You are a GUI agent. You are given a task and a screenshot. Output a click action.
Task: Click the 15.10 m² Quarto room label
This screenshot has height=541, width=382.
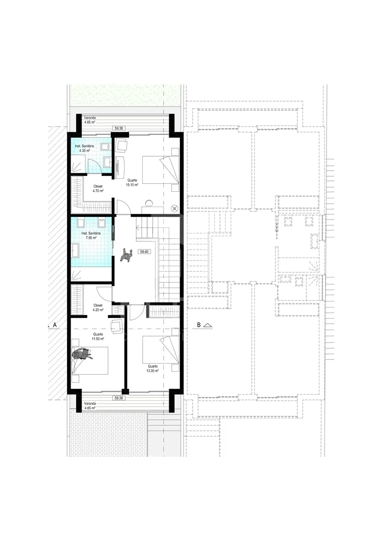click(x=132, y=182)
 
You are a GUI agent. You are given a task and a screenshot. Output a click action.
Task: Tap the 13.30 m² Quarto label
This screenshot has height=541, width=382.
click(x=153, y=369)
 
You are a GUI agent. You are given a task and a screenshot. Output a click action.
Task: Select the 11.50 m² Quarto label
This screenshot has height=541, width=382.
click(x=98, y=337)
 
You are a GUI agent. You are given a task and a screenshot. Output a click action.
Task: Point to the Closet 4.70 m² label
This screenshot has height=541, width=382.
click(x=98, y=188)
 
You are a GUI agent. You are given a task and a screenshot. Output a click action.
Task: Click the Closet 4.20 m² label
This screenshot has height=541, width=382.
click(x=98, y=308)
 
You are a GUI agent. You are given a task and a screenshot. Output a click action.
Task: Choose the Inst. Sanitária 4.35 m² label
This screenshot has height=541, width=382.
click(x=84, y=148)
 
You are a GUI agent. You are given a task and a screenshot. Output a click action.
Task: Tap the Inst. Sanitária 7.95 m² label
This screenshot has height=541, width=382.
click(x=91, y=235)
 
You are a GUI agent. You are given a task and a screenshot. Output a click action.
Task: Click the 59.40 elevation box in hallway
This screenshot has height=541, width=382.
click(x=144, y=251)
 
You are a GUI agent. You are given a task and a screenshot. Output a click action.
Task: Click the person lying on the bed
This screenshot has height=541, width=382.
click(x=82, y=354)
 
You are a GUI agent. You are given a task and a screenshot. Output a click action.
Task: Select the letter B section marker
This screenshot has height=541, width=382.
click(x=199, y=325)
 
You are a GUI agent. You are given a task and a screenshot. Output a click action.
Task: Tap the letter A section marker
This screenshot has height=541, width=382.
click(x=55, y=325)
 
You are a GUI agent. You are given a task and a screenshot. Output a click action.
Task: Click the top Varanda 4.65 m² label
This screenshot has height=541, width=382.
click(x=90, y=120)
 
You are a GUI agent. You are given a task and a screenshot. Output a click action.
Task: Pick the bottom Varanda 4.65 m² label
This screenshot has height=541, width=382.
click(x=90, y=405)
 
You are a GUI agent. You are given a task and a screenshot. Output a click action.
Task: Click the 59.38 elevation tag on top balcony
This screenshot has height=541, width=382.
click(x=118, y=128)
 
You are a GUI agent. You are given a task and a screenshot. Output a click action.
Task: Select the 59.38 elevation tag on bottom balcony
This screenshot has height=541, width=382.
click(x=118, y=398)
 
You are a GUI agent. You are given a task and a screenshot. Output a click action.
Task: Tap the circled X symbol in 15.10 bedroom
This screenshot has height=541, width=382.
click(x=174, y=208)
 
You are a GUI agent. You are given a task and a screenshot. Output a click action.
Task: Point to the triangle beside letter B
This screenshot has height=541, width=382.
click(x=208, y=325)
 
